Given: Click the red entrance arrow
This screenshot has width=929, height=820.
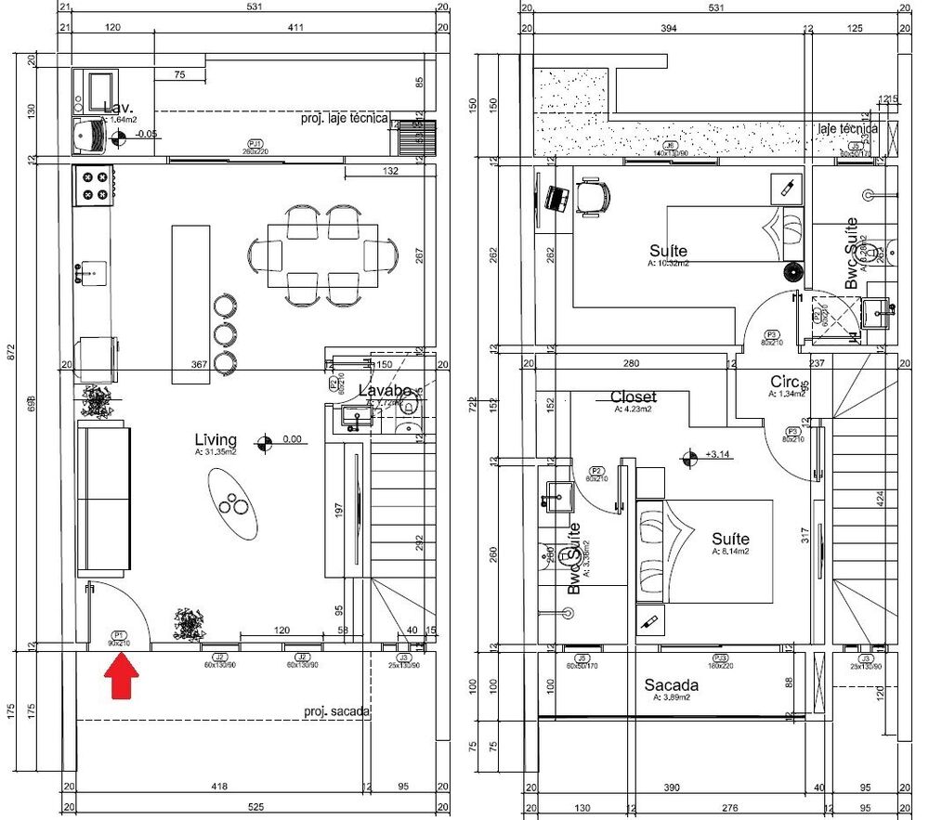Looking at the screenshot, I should (121, 676).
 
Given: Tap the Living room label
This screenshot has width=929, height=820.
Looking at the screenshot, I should (216, 439).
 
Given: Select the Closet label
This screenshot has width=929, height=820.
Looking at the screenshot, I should (633, 397).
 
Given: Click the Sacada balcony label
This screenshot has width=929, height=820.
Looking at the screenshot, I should (672, 685).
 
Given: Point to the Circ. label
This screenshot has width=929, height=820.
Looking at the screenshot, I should (786, 382).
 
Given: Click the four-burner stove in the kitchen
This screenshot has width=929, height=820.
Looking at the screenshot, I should (94, 183).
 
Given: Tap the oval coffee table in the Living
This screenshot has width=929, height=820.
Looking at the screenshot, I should (231, 502).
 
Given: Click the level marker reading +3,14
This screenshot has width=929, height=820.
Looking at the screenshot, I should (719, 455).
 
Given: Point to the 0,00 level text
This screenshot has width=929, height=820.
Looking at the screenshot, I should (293, 439).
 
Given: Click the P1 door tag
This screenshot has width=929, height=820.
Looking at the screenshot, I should (118, 636).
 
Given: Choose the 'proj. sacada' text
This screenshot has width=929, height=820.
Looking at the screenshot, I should (336, 712).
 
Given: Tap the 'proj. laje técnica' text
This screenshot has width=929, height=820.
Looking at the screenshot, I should (345, 119).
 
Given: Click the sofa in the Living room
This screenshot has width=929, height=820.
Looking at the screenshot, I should (102, 499).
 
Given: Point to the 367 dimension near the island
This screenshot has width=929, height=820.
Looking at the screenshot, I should (198, 365).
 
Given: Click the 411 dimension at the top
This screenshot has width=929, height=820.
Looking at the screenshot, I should (295, 28).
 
